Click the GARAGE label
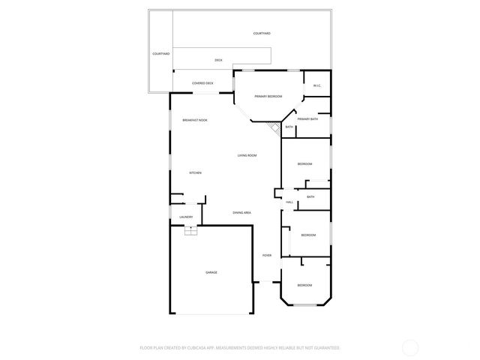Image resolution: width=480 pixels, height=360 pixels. coord(211,272)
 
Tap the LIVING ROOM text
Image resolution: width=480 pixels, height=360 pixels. coord(247,155)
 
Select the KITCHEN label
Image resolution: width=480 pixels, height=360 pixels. coord(195,173)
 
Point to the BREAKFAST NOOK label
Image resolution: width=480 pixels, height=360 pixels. coord(195,120)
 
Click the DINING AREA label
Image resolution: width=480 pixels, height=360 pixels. coord(241,213)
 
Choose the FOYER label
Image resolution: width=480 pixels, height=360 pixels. coord(266,256)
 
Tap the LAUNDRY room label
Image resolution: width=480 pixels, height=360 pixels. coord(186,217)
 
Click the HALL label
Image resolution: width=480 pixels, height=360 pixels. coord(289,202)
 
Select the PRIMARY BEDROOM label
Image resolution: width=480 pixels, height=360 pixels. coord(268,97)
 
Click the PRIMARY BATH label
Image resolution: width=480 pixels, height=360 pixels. coord(307,119)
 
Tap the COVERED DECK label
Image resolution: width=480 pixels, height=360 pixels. coord(202,83)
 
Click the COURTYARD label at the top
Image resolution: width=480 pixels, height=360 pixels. coord(262,34)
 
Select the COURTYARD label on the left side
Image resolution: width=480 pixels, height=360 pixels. coord(161,54)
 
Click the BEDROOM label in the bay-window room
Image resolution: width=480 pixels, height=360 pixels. coord(304,286)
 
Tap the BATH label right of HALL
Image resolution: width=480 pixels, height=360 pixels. coord(310,196)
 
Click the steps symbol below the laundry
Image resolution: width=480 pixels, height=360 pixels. coord(190,230)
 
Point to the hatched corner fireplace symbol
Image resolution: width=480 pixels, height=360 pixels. coord(275,129)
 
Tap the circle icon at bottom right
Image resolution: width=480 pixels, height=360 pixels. coord(410,348)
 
